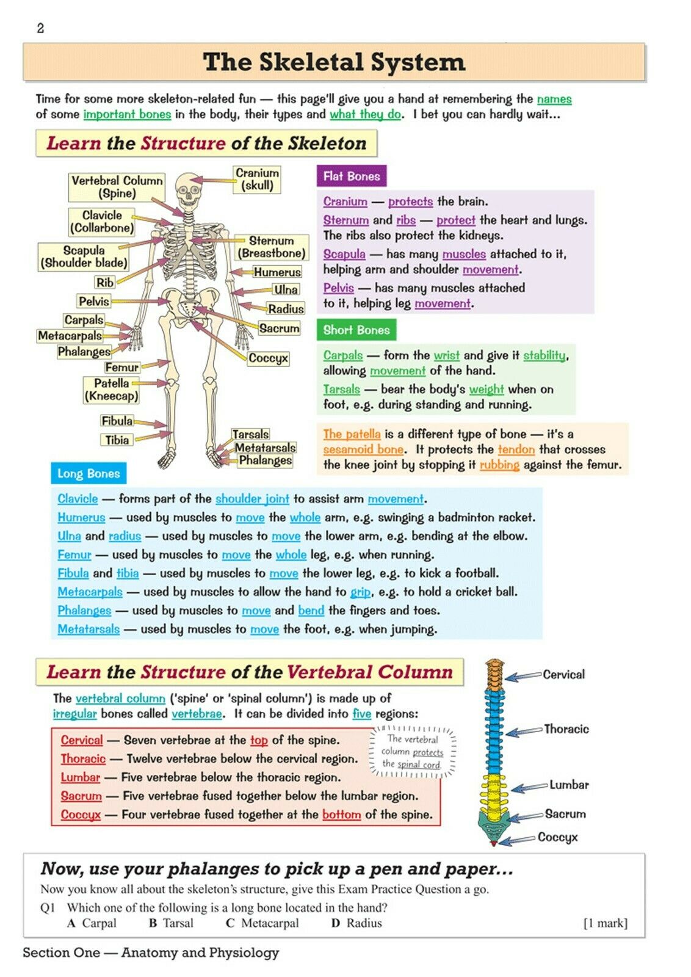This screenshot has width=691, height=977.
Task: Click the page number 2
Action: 40,29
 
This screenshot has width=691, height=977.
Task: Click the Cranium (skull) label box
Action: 257,180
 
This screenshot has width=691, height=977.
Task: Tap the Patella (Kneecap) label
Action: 111,390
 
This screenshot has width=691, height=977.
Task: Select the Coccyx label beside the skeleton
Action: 268,358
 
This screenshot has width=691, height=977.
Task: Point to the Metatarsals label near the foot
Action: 265,448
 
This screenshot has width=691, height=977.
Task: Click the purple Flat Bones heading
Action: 352,176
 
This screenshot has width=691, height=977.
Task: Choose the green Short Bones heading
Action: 356,330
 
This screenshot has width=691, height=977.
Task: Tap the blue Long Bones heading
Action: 89,474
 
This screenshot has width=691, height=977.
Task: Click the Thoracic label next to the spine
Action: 566,729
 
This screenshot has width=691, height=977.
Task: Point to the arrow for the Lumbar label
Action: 529,787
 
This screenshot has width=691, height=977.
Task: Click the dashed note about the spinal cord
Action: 412,752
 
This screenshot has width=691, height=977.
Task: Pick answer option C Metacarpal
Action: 262,923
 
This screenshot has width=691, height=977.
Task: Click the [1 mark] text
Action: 606,923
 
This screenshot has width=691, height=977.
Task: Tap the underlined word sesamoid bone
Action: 363,449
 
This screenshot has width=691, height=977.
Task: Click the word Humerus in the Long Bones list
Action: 81,517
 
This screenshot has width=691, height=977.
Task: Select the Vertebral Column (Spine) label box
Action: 117,187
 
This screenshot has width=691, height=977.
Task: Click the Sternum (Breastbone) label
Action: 271,247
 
